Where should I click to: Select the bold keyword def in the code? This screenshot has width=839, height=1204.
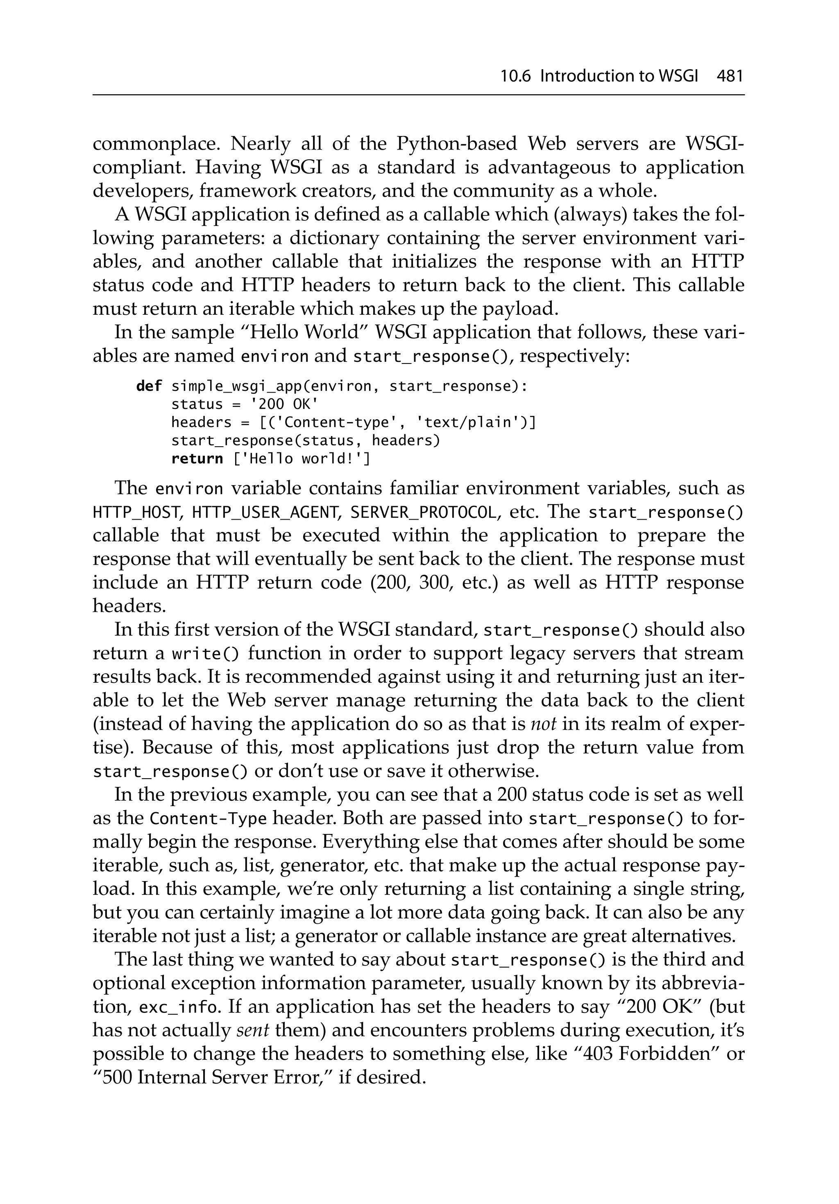pyautogui.click(x=149, y=386)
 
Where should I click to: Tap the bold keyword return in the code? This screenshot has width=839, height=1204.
pyautogui.click(x=197, y=459)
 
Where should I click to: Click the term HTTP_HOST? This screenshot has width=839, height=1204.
pyautogui.click(x=137, y=513)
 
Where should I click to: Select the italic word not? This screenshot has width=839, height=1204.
pyautogui.click(x=543, y=724)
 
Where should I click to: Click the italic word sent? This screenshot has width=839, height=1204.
pyautogui.click(x=253, y=1030)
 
